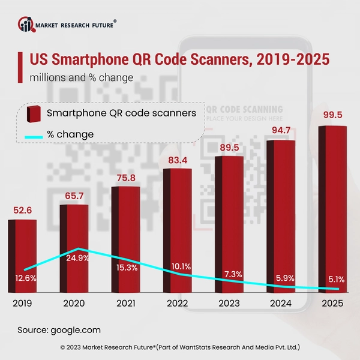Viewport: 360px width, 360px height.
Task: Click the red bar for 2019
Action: (22, 255)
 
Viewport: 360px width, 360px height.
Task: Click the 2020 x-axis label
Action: (75, 304)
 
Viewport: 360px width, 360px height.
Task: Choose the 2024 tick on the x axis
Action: (280, 304)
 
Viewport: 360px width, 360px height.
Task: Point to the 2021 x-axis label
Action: (126, 304)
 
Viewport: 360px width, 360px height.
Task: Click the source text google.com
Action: (59, 330)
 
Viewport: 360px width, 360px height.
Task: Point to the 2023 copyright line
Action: (180, 347)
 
